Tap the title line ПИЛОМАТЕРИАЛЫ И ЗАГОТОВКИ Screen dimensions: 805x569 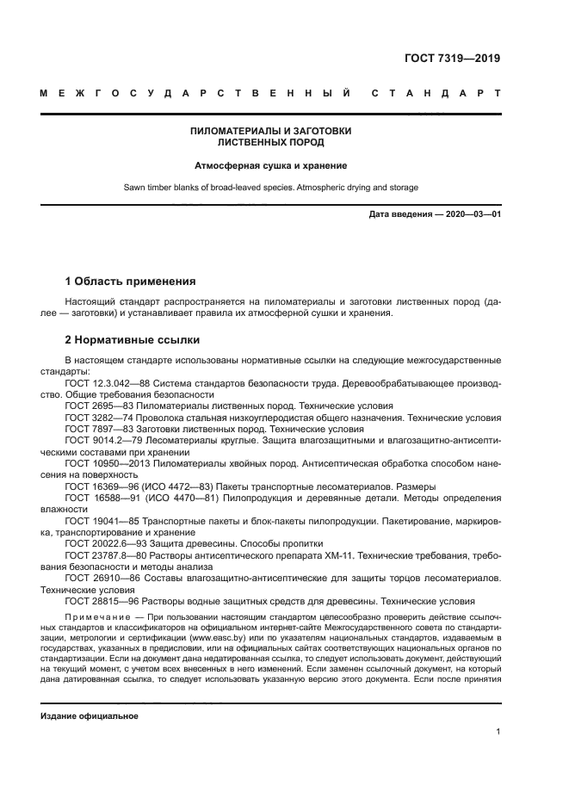coord(270,131)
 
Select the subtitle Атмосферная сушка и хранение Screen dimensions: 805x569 coord(270,164)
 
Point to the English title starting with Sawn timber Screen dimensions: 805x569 coord(270,187)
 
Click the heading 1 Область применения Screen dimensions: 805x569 coord(130,281)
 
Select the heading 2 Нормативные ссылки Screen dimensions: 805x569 coord(132,339)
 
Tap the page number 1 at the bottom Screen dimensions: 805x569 coord(498,732)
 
